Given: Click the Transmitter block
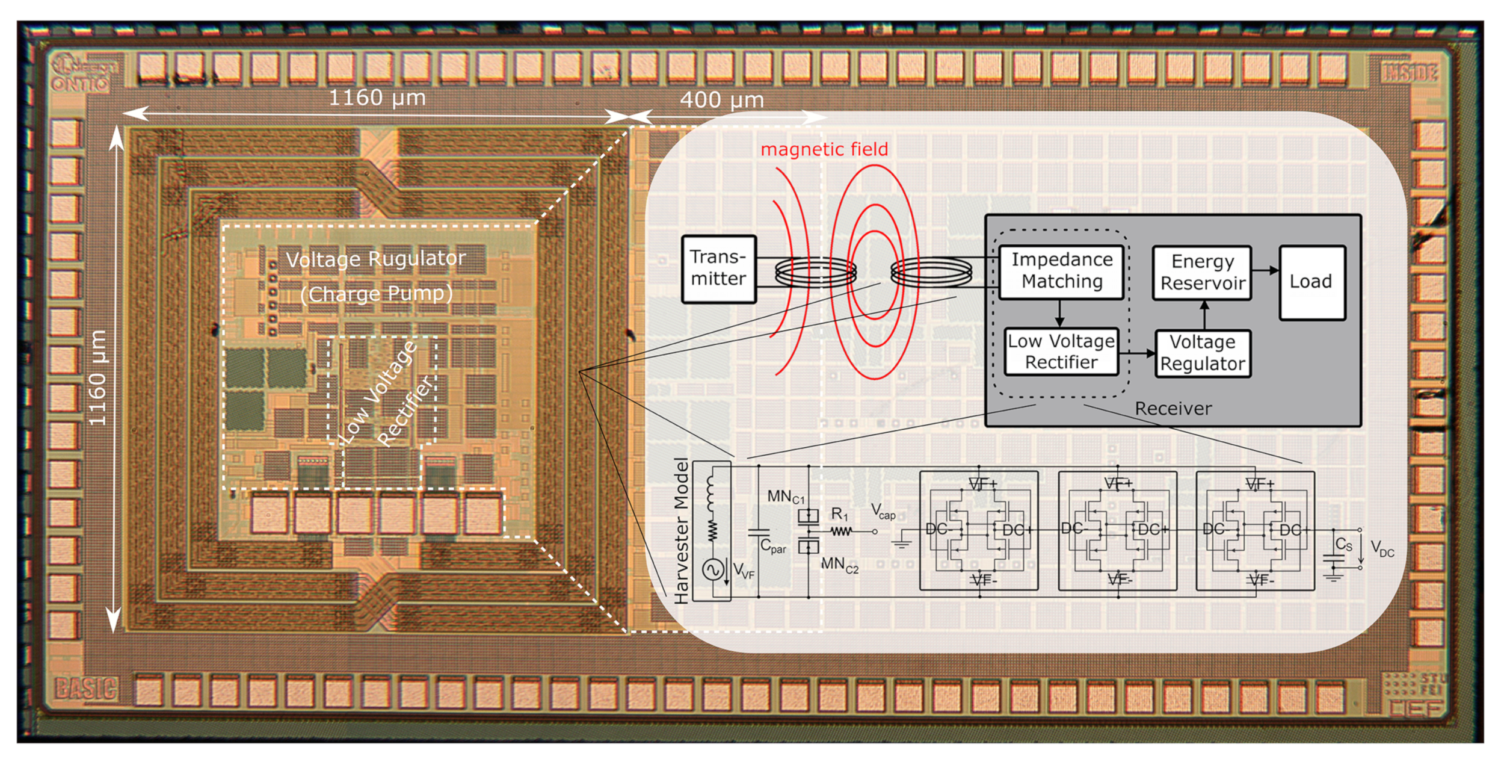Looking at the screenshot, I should coord(718,268).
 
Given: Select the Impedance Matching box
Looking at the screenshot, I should coord(1061,271).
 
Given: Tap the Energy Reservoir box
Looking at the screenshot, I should coord(1202,272).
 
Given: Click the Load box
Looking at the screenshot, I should coord(1311,282).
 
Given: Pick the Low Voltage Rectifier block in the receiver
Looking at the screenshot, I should coord(1061,352).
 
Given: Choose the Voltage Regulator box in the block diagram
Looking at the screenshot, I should coord(1202,353).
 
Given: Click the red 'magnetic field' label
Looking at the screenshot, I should coord(824,149).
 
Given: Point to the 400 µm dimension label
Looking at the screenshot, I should coord(722,100).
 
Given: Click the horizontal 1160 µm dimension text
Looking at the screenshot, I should coord(377,98).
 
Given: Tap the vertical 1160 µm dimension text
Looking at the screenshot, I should coord(97,378).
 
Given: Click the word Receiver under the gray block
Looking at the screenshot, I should coord(1173,409).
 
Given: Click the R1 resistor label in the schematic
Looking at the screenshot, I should coord(839,514).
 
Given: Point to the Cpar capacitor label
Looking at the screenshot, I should coord(773,547).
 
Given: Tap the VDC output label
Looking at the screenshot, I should coord(1382,549).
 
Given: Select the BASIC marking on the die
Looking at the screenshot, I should coord(85,689).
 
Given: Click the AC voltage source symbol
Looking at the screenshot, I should coord(713,569).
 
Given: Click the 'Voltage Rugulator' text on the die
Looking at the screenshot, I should coord(375,259).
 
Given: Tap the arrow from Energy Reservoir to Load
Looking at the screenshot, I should coord(1265,271).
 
